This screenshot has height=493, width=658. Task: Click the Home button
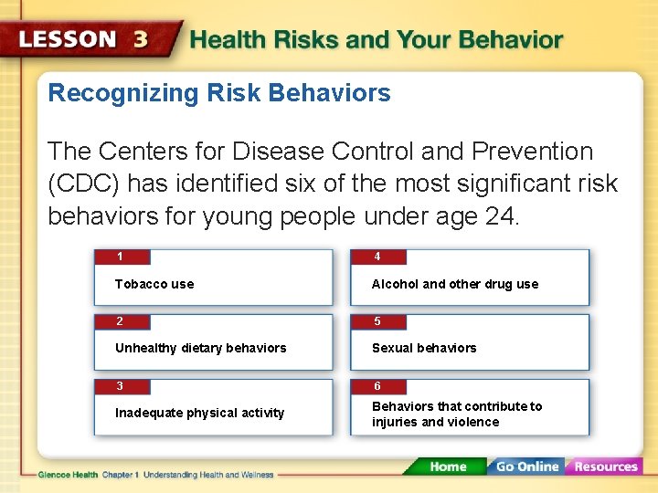(448, 467)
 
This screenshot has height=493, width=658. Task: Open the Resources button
(605, 467)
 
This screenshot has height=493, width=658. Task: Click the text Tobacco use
(154, 284)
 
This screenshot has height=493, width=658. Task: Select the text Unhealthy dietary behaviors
(200, 348)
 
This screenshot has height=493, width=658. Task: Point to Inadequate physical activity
(199, 413)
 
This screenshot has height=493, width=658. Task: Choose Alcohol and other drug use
(455, 284)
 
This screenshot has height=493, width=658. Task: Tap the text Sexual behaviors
(424, 348)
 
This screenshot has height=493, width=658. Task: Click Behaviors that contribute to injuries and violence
(457, 414)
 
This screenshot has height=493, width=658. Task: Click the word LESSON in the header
(68, 40)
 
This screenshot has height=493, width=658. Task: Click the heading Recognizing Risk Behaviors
(219, 93)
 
